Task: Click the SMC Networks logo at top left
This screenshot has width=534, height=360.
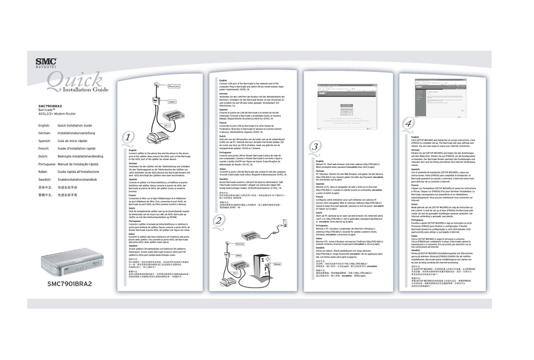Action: coord(47,63)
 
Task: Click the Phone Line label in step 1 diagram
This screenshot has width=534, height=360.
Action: coord(174,86)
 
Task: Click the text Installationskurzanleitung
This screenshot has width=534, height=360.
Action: coord(80,133)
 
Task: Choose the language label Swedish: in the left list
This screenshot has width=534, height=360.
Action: coord(46,179)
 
